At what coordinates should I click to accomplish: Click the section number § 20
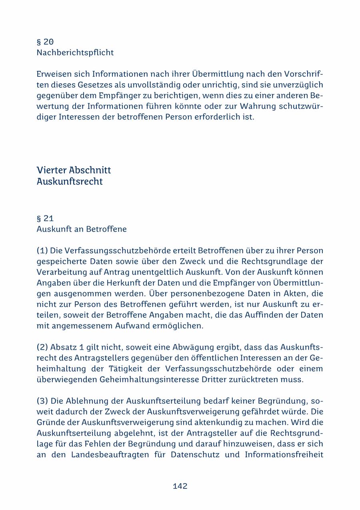tap(45, 42)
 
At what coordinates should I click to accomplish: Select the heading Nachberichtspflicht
tap(75, 53)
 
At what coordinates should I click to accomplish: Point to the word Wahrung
tap(253, 107)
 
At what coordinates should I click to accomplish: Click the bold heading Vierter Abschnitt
tap(74, 170)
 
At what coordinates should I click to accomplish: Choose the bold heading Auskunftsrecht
tap(70, 181)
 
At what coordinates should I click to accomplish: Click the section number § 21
tap(45, 219)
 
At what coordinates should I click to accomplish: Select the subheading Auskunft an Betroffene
tap(82, 229)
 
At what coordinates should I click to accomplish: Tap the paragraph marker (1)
tap(42, 251)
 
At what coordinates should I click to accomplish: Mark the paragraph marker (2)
tap(42, 347)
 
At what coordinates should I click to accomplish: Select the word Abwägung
tap(177, 347)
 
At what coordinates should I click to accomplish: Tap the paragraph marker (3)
tap(42, 401)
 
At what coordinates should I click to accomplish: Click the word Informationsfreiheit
tap(284, 455)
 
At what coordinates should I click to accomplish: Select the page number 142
tap(180, 486)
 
